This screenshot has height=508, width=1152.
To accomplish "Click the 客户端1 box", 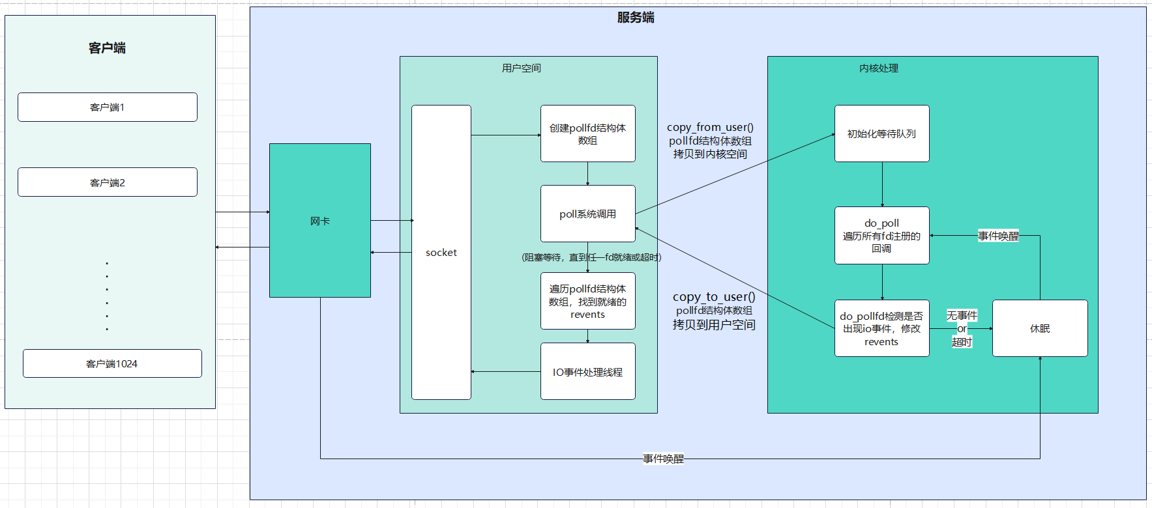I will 108,107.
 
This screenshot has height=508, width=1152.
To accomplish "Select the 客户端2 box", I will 108,182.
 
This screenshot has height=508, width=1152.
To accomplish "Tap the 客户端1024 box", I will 112,363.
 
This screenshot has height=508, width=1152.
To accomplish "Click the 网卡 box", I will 320,221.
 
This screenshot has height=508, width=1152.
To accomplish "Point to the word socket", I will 441,253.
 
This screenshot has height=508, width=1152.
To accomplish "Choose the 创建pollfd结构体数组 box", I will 587,134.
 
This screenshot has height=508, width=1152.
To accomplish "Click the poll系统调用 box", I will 587,214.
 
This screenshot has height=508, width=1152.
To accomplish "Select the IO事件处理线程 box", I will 587,371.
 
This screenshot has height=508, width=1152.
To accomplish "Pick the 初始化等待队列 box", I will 881,134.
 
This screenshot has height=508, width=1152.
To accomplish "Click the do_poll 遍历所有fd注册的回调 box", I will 881,235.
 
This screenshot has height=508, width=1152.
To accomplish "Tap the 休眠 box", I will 1040,328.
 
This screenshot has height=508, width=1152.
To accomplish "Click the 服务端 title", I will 636,18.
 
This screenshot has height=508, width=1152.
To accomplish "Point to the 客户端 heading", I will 108,48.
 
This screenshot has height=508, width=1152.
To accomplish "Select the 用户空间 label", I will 522,68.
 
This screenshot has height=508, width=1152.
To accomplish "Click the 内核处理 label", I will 879,68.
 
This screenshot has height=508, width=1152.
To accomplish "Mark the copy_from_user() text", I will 710,128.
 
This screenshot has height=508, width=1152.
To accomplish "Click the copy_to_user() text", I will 714,297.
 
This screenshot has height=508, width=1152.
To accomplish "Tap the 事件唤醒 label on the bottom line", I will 663,459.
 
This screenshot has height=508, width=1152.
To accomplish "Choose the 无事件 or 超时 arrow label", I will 962,328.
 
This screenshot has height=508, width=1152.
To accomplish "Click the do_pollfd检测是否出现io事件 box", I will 881,328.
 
